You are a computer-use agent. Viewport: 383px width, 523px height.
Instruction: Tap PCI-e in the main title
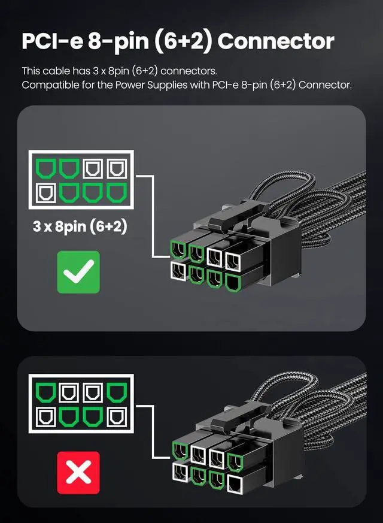pos(51,41)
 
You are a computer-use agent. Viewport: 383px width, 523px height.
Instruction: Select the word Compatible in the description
pos(50,84)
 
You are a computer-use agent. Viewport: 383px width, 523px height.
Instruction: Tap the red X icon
pos(78,473)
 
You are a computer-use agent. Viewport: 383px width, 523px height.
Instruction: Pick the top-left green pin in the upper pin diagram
pos(45,168)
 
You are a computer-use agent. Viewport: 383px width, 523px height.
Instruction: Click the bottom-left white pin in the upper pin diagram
pos(45,192)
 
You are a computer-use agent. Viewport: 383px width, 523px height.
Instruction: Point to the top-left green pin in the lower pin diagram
pos(45,393)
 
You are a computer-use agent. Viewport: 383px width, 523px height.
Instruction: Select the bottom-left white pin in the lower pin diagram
pos(45,417)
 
